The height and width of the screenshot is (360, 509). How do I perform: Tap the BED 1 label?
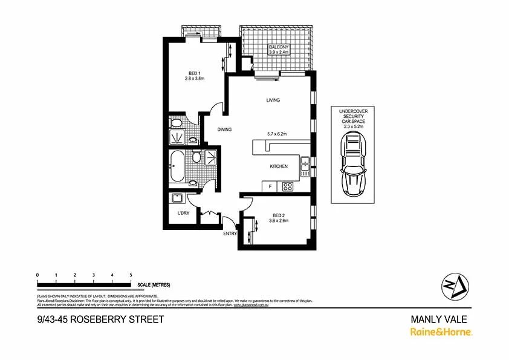pyautogui.click(x=194, y=73)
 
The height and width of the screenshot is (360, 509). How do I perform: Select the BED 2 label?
pyautogui.click(x=278, y=215)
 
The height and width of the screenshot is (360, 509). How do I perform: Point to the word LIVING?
pyautogui.click(x=273, y=100)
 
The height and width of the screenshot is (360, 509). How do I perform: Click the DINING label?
pyautogui.click(x=225, y=129)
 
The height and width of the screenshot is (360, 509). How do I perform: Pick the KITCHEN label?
pyautogui.click(x=279, y=166)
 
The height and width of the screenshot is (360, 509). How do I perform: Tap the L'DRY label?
pyautogui.click(x=183, y=214)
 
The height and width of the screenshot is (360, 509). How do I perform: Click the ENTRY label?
pyautogui.click(x=230, y=234)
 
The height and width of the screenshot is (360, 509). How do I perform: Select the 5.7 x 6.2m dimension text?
pyautogui.click(x=275, y=134)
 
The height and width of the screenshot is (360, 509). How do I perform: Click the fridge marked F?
pyautogui.click(x=270, y=186)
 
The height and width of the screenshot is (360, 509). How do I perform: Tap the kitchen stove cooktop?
pyautogui.click(x=288, y=187)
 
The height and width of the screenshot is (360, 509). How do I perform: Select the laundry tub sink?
pyautogui.click(x=178, y=198)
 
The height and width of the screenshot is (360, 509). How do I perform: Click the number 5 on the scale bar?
pyautogui.click(x=131, y=275)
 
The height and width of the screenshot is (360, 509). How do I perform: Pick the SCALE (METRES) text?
pyautogui.click(x=154, y=284)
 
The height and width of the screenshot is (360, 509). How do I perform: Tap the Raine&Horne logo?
pyautogui.click(x=441, y=332)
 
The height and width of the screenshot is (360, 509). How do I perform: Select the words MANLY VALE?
pyautogui.click(x=439, y=319)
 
